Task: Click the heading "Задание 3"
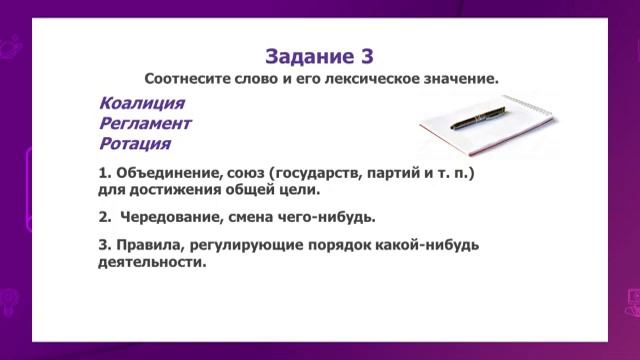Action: pos(320,54)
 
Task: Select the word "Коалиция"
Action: pos(142,104)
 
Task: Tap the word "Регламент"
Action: pos(145,123)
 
